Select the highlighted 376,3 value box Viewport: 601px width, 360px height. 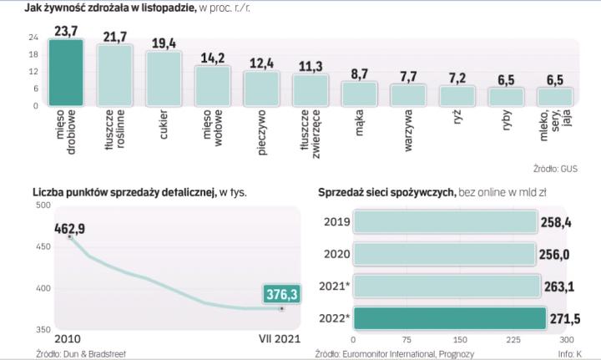pyautogui.click(x=281, y=293)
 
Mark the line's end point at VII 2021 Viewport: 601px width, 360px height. pyautogui.click(x=281, y=308)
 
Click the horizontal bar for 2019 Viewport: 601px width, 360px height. pyautogui.click(x=444, y=221)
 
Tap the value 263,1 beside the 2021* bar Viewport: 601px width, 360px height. pyautogui.click(x=557, y=286)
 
